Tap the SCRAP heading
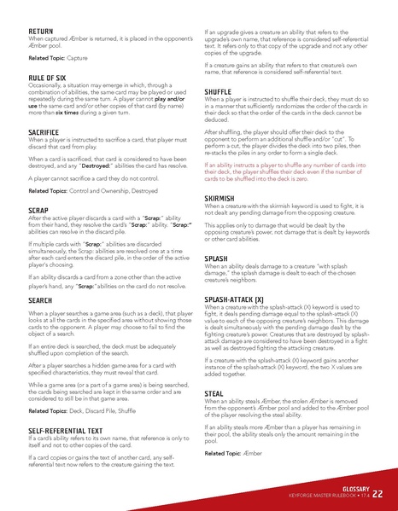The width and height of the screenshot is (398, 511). [x=38, y=209]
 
